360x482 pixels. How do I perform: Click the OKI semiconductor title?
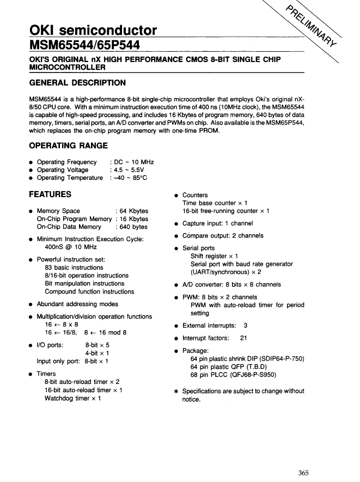pyautogui.click(x=93, y=30)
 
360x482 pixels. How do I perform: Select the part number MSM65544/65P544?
pyautogui.click(x=81, y=43)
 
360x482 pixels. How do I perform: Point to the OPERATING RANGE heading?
pyautogui.click(x=68, y=145)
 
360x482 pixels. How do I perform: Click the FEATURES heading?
pyautogui.click(x=50, y=194)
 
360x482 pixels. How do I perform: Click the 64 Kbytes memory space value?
pyautogui.click(x=132, y=211)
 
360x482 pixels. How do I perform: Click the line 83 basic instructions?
pyautogui.click(x=74, y=267)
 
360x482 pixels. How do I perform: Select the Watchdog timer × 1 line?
pyautogui.click(x=73, y=398)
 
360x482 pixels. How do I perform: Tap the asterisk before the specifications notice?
pyautogui.click(x=176, y=392)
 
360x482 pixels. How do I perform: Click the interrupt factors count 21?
pyautogui.click(x=243, y=338)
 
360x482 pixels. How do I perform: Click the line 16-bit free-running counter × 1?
pyautogui.click(x=225, y=211)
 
